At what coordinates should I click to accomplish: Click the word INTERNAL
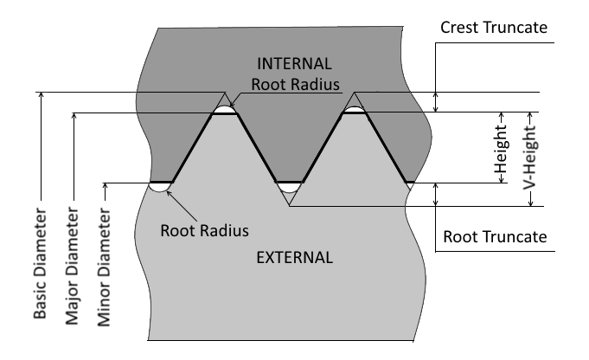(x=294, y=64)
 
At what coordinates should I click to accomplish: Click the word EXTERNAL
(x=295, y=257)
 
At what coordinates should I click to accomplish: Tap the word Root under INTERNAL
(x=268, y=85)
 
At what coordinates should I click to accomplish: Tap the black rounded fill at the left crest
(x=225, y=110)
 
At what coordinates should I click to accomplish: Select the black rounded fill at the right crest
(x=354, y=110)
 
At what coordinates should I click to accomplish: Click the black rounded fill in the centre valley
(x=289, y=185)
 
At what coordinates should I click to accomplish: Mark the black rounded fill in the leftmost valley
(x=160, y=185)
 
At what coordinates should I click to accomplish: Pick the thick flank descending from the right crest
(x=386, y=147)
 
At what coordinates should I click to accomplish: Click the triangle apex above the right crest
(x=354, y=93)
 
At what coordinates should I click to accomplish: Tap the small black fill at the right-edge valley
(x=410, y=184)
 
